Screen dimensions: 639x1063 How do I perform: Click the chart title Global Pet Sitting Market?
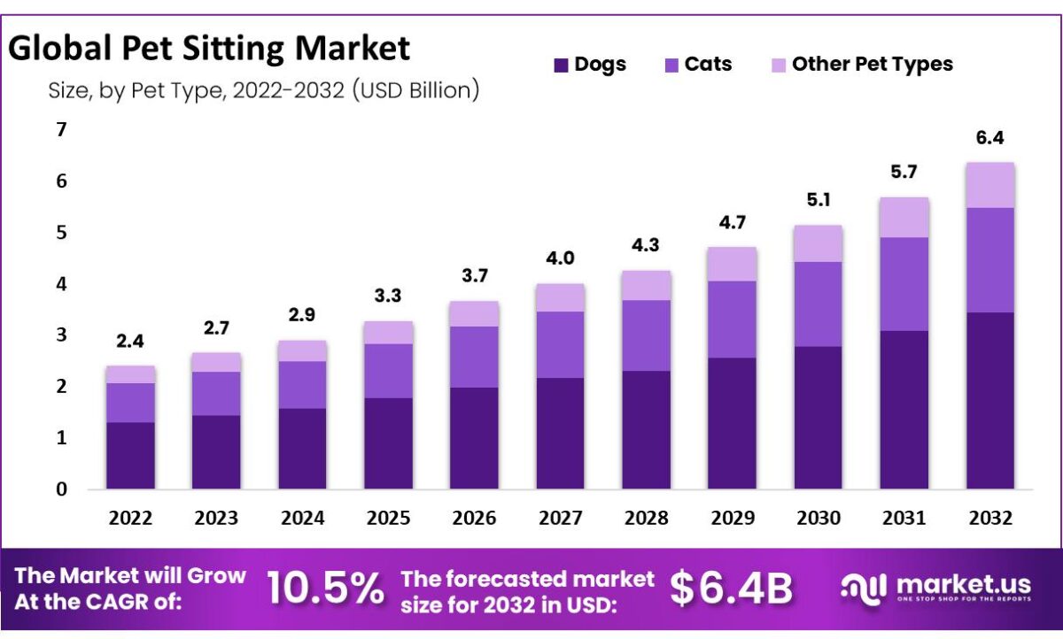(x=210, y=48)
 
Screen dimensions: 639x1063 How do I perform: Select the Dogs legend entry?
(x=589, y=65)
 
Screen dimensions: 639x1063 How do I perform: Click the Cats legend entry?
(x=697, y=65)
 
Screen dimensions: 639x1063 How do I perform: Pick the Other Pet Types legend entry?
(x=859, y=65)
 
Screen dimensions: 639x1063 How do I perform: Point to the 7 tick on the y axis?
(x=61, y=130)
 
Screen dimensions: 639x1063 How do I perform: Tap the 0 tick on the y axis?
(x=61, y=489)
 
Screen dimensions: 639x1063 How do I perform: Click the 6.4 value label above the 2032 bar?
(x=990, y=139)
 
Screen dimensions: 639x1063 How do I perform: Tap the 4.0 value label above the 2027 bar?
(x=560, y=259)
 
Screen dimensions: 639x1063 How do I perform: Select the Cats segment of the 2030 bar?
(x=818, y=304)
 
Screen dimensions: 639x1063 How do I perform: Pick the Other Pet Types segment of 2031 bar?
(x=904, y=217)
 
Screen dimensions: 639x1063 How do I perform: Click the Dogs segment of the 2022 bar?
(x=130, y=455)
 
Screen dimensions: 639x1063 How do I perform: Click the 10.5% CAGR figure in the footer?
(x=325, y=589)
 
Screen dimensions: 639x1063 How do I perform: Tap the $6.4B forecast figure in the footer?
(x=731, y=589)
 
